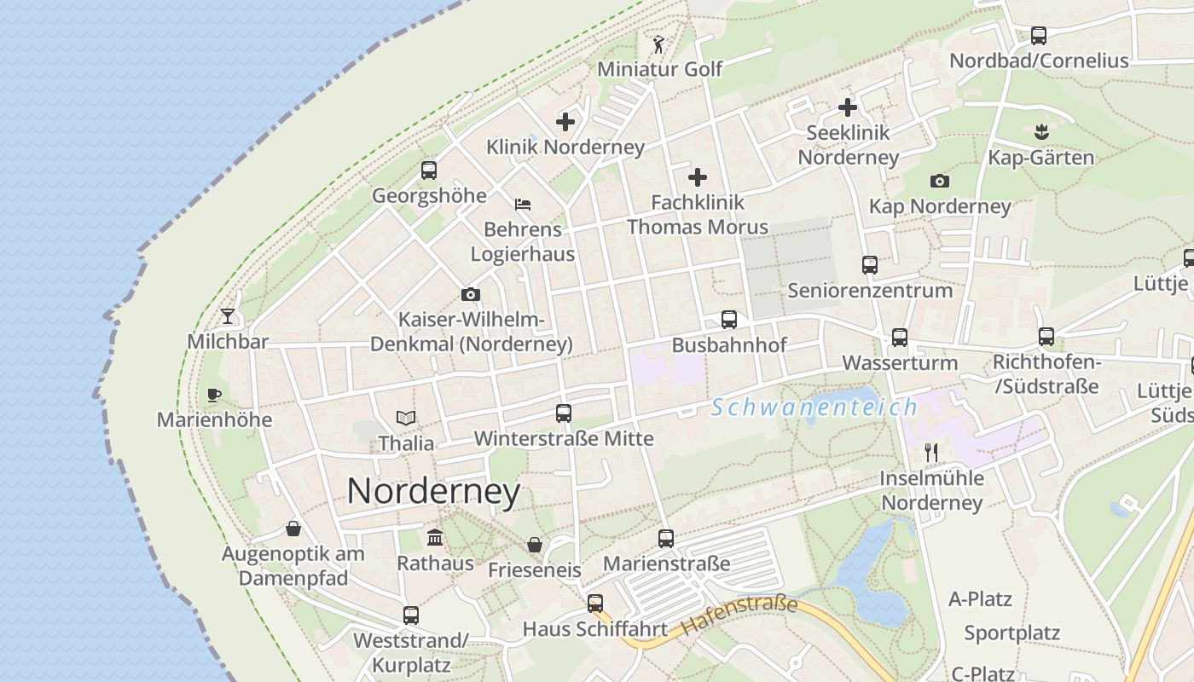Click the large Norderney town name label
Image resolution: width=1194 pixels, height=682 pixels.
[x=433, y=492]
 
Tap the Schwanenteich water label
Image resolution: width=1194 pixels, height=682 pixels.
[x=814, y=407]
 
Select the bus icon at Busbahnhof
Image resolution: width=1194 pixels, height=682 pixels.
[x=729, y=320]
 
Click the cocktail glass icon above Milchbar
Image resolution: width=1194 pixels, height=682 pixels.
[x=228, y=316]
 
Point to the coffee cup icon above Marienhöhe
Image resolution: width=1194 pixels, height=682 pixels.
[x=214, y=395]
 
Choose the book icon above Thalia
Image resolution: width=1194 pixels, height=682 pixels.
[x=407, y=418]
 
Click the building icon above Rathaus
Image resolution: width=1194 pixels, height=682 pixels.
[x=435, y=537]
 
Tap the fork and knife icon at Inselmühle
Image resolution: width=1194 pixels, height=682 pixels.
[x=931, y=452]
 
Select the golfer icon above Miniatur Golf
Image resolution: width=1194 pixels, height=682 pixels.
[x=658, y=44]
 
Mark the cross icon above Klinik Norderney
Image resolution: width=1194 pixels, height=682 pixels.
[x=565, y=122]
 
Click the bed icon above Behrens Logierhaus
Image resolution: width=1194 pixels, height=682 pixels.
[x=523, y=204]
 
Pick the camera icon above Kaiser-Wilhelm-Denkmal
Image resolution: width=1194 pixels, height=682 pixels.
[x=471, y=295]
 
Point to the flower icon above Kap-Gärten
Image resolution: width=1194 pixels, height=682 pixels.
[x=1040, y=132]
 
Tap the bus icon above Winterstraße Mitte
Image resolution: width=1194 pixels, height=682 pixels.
[x=564, y=413]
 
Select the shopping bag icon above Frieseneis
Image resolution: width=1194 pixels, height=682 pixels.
[x=535, y=544]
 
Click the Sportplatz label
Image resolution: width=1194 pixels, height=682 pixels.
[x=1011, y=633]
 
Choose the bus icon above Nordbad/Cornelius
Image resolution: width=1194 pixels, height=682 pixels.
[x=1039, y=36]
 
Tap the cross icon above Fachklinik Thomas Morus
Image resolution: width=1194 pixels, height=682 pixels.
[x=698, y=177]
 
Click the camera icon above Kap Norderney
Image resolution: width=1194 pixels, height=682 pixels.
[x=940, y=181]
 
